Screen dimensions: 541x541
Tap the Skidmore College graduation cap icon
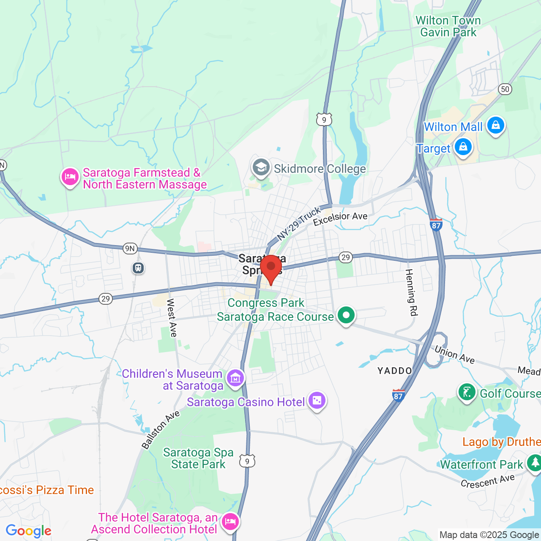(261, 168)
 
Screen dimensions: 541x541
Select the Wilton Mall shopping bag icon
(495, 126)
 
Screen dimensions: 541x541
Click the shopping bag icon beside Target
(463, 148)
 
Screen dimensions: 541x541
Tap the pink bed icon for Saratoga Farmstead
(70, 177)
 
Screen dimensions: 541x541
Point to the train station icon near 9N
(138, 268)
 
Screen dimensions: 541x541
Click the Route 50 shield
(505, 89)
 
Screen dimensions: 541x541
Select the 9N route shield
(130, 249)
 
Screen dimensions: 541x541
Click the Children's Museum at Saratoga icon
(235, 378)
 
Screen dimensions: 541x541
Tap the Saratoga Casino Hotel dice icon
(317, 400)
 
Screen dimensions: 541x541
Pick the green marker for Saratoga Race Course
(346, 315)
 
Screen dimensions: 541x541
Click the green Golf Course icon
(467, 393)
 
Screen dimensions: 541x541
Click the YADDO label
(395, 371)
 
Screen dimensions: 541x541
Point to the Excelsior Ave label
(340, 219)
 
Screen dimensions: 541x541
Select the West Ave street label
(172, 318)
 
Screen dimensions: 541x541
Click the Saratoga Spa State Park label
(198, 459)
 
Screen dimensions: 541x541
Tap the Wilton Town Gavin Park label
(448, 26)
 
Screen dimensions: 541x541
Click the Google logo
(29, 531)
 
